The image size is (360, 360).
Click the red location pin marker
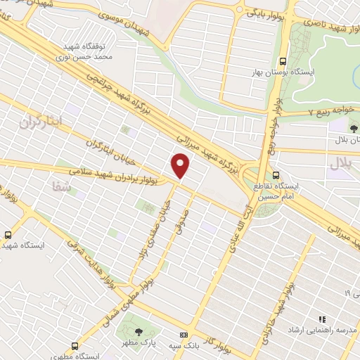point(181,165)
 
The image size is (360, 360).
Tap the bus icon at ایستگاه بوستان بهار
point(283,60)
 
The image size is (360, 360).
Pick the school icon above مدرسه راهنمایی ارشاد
point(324,319)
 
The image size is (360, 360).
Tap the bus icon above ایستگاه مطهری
point(75,346)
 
